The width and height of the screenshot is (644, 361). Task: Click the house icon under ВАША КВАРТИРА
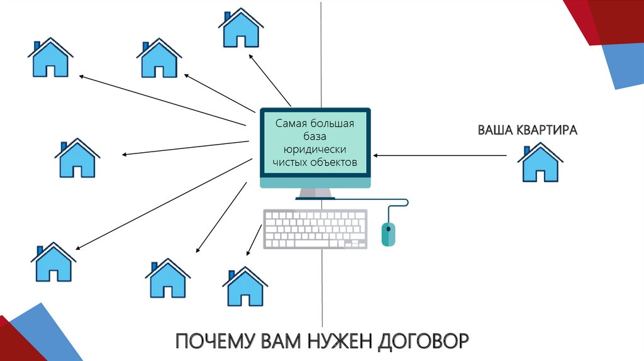[x=539, y=163]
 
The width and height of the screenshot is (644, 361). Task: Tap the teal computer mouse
[x=389, y=234]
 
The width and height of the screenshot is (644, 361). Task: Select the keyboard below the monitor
[x=314, y=229]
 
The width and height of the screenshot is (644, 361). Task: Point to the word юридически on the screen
[x=314, y=150]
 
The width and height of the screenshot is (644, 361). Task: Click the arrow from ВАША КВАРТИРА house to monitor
[x=440, y=155]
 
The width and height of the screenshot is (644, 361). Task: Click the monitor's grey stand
[x=315, y=194]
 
